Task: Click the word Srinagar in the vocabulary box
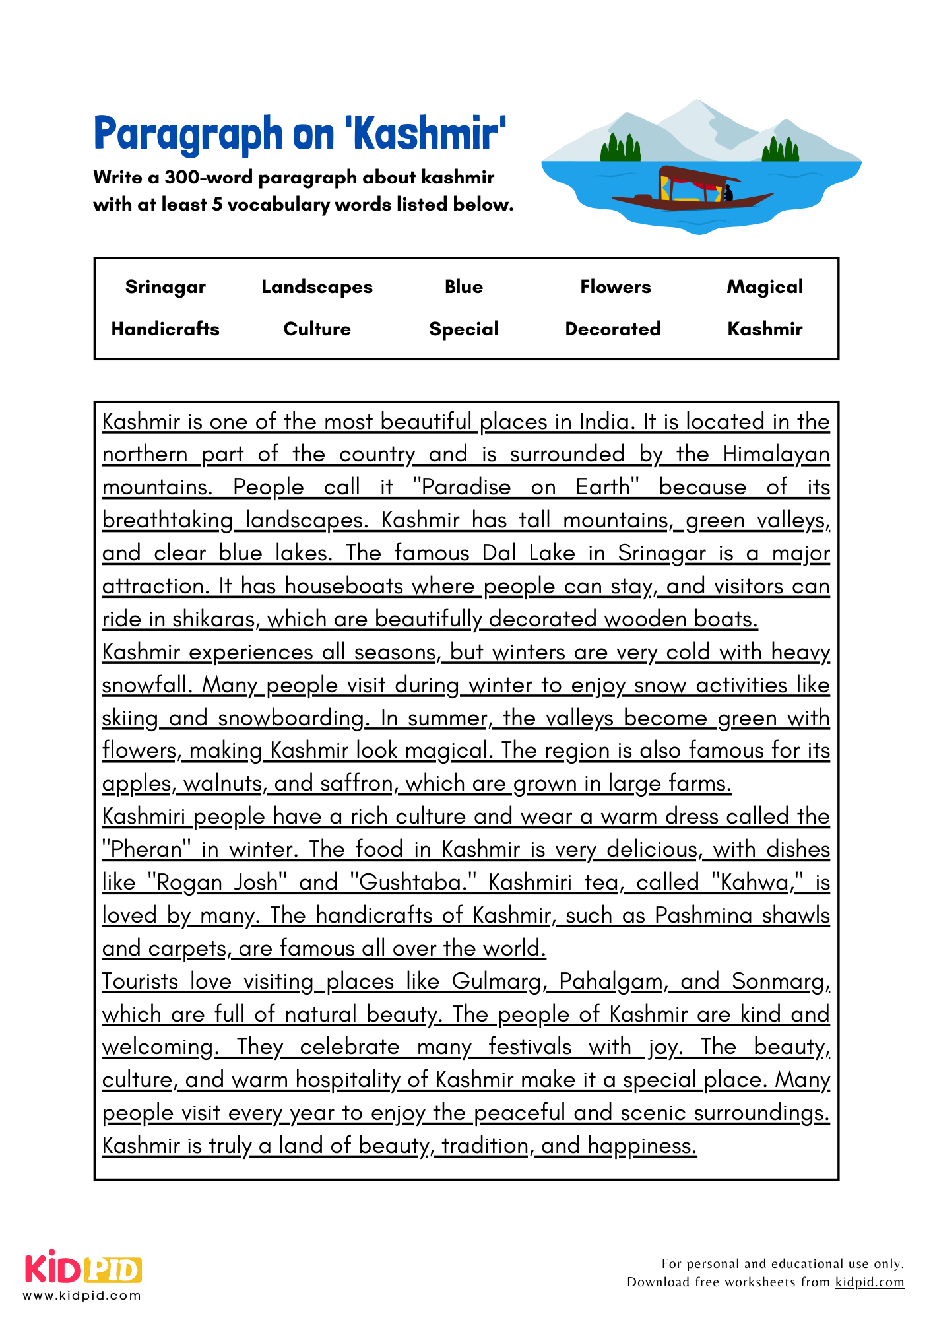click(165, 287)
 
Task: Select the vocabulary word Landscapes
click(317, 287)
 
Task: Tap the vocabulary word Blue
click(464, 287)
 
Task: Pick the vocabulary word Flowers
click(615, 287)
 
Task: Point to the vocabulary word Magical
click(765, 287)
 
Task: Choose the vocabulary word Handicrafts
click(165, 329)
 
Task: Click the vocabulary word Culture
click(317, 329)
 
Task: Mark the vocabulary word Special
click(464, 329)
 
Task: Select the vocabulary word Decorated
click(613, 329)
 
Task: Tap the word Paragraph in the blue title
click(188, 134)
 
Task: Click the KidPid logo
click(84, 1269)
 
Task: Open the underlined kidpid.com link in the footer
click(870, 1282)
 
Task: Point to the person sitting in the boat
click(728, 193)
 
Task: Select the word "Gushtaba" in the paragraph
click(408, 882)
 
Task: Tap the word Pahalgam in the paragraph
click(610, 981)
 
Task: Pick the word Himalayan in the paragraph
click(776, 454)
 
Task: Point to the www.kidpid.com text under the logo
click(82, 1296)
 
